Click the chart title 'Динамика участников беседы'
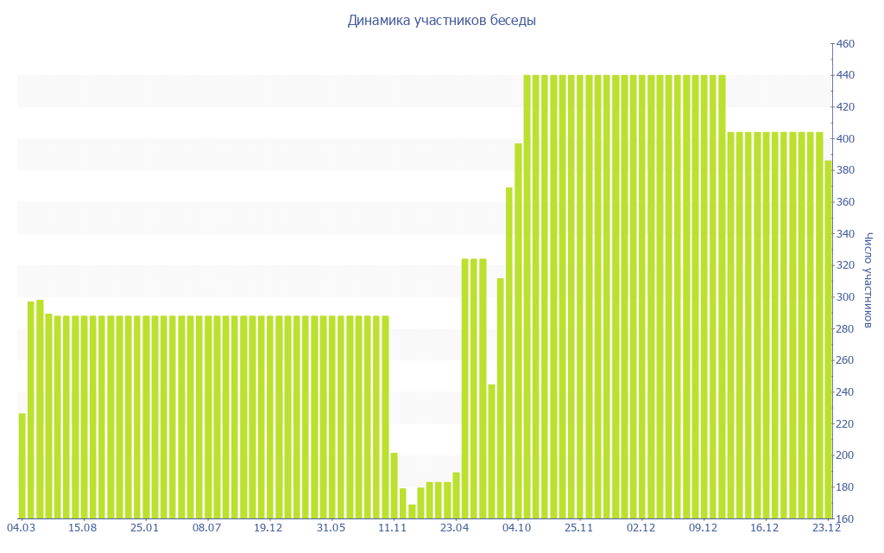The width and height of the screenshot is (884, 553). [441, 20]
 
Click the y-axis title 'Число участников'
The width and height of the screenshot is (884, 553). [868, 280]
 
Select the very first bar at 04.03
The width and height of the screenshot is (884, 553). [22, 466]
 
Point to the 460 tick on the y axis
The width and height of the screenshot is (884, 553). [844, 44]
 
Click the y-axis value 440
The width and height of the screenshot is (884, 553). [844, 76]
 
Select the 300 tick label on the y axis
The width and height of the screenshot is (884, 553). [844, 297]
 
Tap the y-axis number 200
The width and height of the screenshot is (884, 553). [844, 455]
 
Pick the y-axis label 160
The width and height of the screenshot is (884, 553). [844, 518]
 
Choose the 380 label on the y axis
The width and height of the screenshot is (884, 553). [844, 171]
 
